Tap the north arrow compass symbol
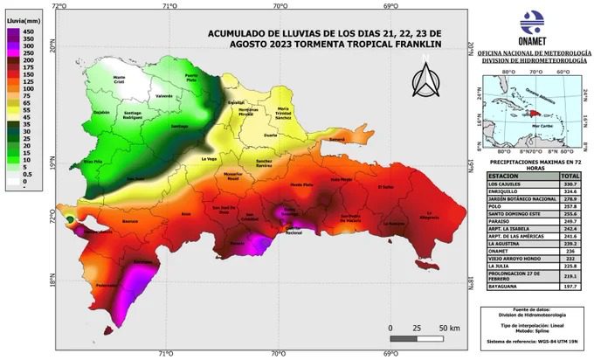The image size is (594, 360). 425,78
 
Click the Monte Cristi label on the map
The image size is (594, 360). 126,80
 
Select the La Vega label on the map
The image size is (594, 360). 210,159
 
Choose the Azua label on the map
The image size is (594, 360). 184,213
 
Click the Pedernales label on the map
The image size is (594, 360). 107,286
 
